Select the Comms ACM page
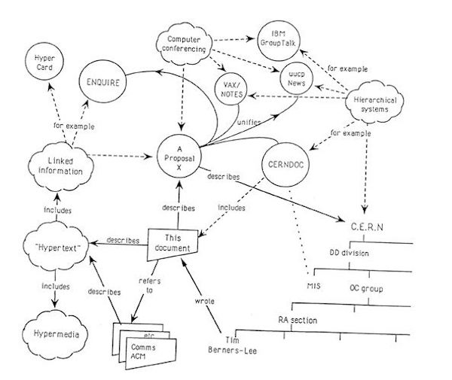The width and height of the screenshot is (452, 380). click(151, 353)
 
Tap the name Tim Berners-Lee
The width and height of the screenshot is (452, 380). click(232, 345)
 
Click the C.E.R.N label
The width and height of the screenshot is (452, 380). click(367, 226)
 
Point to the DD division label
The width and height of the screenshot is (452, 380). click(349, 253)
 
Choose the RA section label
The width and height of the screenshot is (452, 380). click(298, 320)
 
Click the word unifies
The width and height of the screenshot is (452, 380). click(249, 122)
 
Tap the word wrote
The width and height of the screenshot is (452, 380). click(205, 301)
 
